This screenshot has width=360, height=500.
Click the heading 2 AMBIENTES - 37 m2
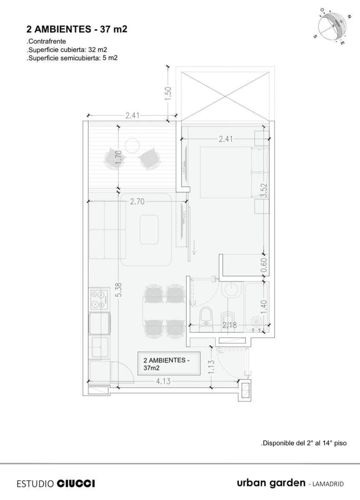click(x=77, y=30)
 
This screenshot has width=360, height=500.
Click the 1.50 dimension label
click(x=169, y=92)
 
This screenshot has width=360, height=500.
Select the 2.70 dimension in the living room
click(x=137, y=202)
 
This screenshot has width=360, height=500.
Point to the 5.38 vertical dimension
click(x=118, y=290)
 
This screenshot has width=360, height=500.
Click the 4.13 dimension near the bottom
click(x=163, y=381)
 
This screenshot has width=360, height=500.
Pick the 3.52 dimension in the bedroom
click(x=263, y=190)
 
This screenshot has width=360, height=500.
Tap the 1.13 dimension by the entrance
click(x=212, y=368)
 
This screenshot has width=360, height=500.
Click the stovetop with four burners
click(x=99, y=299)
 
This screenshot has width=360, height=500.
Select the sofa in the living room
click(x=107, y=230)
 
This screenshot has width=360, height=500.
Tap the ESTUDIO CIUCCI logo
click(x=56, y=483)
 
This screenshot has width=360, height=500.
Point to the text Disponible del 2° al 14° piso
click(x=303, y=443)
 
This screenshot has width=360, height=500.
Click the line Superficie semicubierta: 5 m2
click(x=72, y=57)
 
